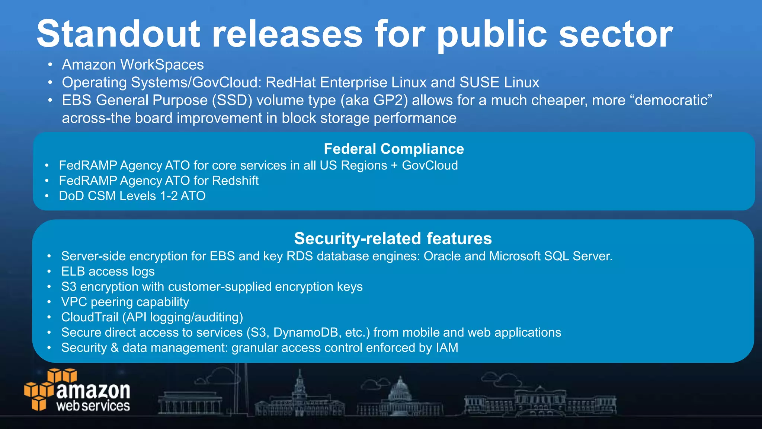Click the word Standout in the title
click(119, 34)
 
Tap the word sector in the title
click(616, 34)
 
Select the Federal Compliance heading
click(394, 149)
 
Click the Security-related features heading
click(393, 239)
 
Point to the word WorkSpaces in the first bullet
click(162, 65)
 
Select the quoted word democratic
click(673, 101)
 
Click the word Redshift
click(235, 181)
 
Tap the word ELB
click(73, 271)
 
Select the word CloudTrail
click(90, 317)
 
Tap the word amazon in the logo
click(93, 391)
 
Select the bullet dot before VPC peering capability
click(49, 302)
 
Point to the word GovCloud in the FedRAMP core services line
click(430, 165)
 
